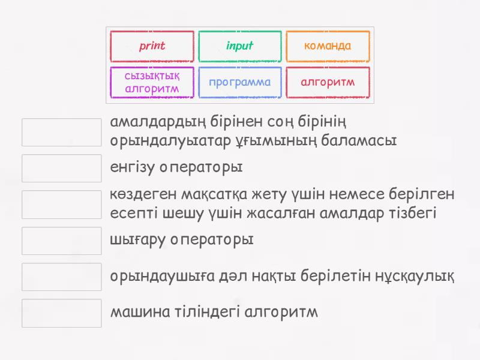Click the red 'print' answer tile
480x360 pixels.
click(152, 46)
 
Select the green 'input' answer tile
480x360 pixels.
click(239, 46)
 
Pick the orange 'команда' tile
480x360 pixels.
click(328, 46)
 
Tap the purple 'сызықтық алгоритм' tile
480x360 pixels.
click(152, 82)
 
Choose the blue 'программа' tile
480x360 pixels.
click(239, 82)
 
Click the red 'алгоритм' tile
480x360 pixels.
click(328, 82)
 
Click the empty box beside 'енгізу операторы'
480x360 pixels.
click(62, 169)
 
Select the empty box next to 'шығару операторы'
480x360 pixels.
click(62, 241)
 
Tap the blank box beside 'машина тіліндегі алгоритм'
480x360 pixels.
click(62, 313)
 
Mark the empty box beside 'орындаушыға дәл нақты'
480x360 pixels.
click(62, 277)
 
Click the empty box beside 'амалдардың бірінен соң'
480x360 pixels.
click(62, 132)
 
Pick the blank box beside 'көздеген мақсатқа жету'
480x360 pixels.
click(62, 205)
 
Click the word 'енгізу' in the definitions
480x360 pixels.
click(132, 167)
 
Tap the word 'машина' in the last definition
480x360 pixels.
click(140, 312)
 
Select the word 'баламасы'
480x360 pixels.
click(359, 141)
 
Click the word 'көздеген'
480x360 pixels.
click(143, 194)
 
